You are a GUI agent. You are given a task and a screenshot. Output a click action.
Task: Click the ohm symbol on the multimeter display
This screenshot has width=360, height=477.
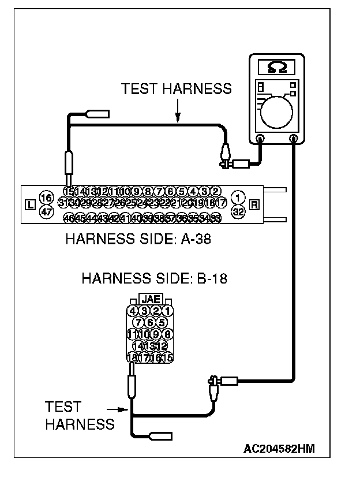276,68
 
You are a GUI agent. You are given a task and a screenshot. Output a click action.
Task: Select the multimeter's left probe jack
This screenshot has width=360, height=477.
260,139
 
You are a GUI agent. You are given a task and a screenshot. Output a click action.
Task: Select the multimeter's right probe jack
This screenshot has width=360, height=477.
294,139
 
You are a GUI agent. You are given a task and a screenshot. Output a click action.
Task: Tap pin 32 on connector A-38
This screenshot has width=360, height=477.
237,211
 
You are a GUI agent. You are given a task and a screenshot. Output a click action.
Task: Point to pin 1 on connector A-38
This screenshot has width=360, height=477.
237,198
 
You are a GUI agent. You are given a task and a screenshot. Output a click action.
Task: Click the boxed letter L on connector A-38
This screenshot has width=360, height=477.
31,204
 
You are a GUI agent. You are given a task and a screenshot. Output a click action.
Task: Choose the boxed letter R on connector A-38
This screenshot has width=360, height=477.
254,204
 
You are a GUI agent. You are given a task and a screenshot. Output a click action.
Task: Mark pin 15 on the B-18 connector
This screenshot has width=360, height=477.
168,357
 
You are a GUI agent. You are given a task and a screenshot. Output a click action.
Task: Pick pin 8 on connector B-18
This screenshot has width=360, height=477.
168,334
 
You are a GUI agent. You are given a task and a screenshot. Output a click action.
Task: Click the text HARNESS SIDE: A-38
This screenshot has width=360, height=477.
138,238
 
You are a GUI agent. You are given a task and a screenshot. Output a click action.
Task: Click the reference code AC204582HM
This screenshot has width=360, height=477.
279,448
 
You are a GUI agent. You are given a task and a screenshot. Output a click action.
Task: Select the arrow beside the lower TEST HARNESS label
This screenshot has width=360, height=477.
122,409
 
